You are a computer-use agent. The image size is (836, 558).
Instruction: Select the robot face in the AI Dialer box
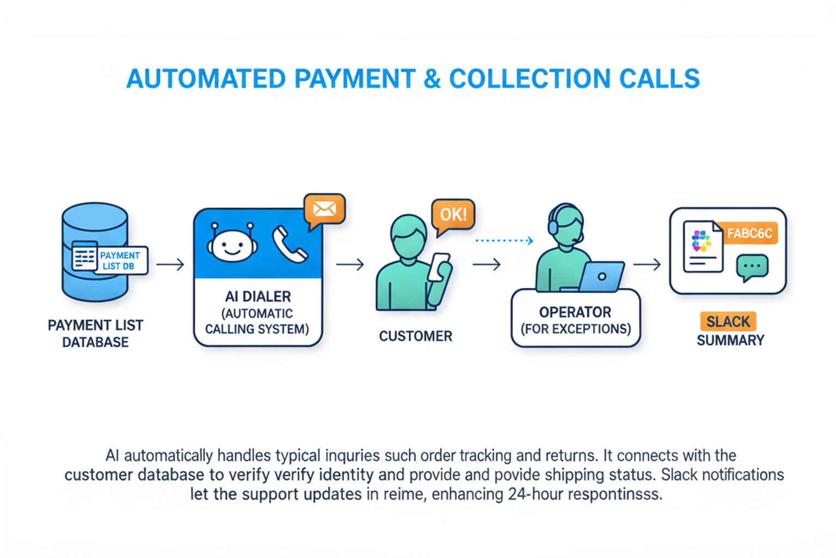[x=232, y=244]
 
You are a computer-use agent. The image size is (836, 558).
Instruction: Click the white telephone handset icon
[x=290, y=244]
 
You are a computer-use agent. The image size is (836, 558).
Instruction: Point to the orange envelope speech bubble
[x=324, y=209]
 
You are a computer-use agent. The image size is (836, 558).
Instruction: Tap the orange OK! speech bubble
[x=453, y=215]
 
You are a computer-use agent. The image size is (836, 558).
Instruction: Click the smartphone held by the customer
[x=438, y=266]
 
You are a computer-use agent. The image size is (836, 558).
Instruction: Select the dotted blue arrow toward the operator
[x=504, y=240]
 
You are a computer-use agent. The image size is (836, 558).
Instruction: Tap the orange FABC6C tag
[x=749, y=233]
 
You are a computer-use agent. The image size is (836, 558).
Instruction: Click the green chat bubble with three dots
[x=752, y=267]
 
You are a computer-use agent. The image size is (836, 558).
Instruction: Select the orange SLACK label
[x=728, y=322]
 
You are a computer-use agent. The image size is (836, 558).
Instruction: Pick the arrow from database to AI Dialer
[x=170, y=264]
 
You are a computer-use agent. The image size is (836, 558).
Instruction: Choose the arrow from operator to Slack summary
[x=647, y=264]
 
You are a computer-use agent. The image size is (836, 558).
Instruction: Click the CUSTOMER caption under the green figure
[x=415, y=336]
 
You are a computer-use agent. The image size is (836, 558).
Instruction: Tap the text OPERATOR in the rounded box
[x=575, y=312]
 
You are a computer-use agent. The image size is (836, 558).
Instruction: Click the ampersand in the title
[x=432, y=79]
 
